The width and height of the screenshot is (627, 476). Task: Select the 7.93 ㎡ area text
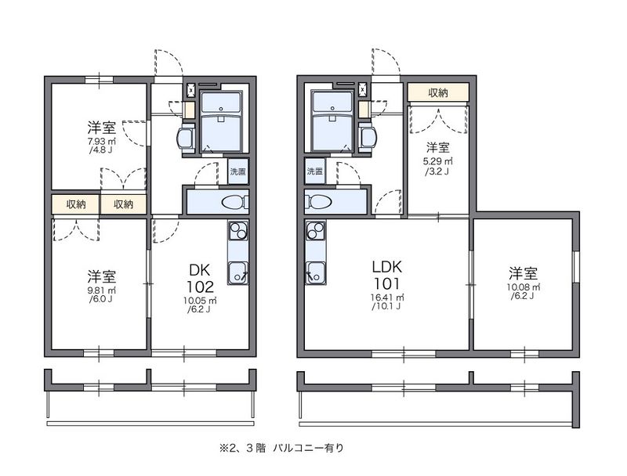click(102, 142)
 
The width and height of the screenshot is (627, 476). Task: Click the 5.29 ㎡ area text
click(437, 162)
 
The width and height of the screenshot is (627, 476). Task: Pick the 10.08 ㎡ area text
click(523, 287)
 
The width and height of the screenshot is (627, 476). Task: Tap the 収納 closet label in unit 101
click(438, 93)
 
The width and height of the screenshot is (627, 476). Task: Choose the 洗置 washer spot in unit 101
click(315, 171)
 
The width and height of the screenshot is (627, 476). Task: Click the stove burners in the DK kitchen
click(237, 231)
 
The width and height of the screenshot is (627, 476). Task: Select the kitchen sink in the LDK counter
click(315, 272)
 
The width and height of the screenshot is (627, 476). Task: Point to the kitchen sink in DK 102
click(237, 272)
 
